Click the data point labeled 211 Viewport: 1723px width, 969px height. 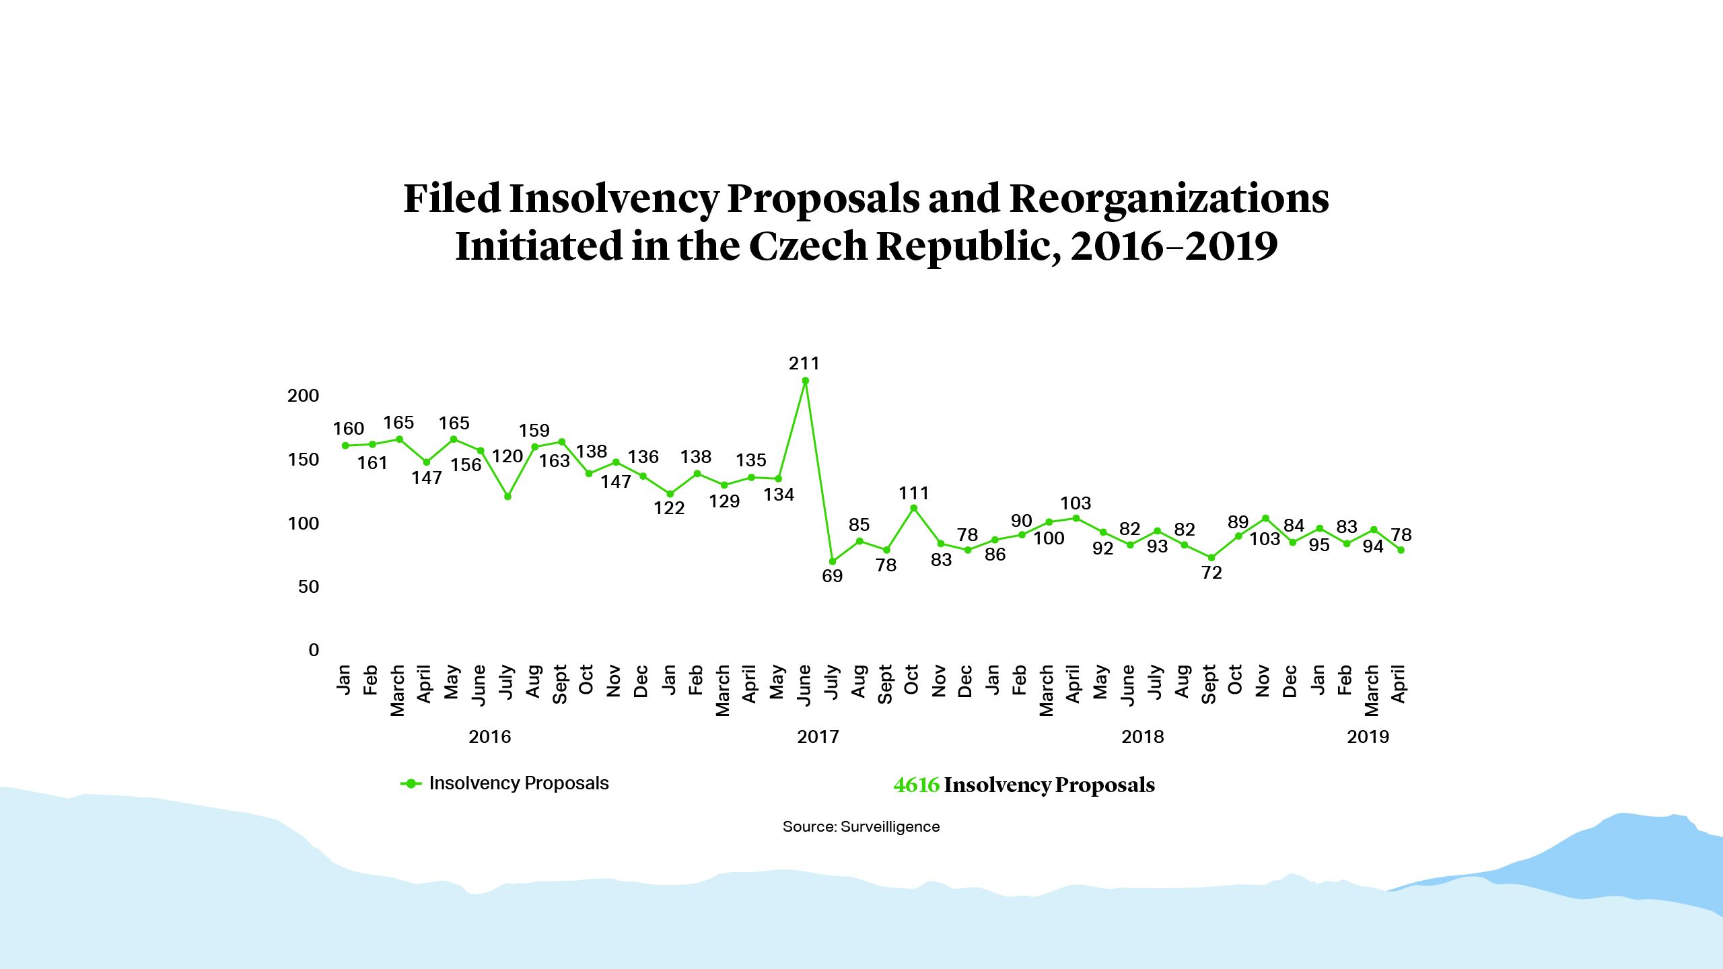(x=805, y=381)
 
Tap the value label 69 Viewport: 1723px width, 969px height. (x=832, y=576)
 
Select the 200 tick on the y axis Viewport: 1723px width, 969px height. (x=303, y=396)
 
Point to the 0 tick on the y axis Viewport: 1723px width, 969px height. (x=314, y=650)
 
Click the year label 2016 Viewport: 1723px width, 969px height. (x=489, y=737)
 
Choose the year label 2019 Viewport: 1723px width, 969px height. (x=1368, y=737)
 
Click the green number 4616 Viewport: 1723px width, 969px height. (x=916, y=785)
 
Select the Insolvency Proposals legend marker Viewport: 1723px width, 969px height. (x=411, y=783)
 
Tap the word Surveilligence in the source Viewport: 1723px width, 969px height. (x=890, y=827)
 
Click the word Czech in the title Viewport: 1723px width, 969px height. (x=808, y=246)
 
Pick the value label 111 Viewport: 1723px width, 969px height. (x=913, y=493)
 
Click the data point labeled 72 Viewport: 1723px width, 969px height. (x=1211, y=558)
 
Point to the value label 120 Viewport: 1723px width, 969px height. (x=507, y=457)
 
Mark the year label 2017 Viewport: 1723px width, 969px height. (x=818, y=737)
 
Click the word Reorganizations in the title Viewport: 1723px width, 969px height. (x=1169, y=199)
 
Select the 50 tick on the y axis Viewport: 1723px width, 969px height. (x=308, y=587)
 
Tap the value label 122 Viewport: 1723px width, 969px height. (x=669, y=508)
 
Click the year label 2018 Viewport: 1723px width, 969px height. (x=1142, y=737)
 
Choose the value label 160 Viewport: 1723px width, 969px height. (x=348, y=429)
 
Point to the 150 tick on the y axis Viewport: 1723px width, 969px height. (x=303, y=460)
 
